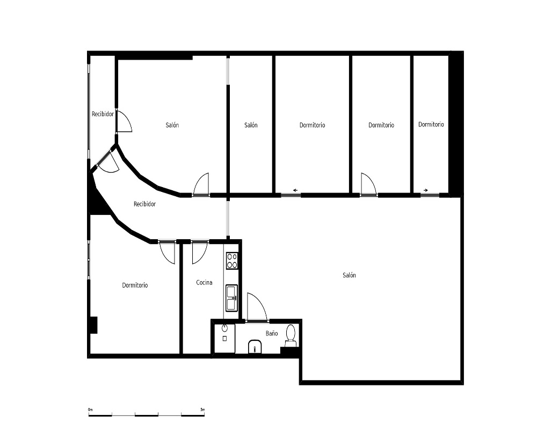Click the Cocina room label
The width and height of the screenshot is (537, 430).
(204, 283)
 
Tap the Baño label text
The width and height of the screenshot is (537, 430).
(272, 333)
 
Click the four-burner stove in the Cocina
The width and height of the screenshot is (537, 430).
(232, 260)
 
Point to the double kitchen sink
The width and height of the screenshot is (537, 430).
(231, 298)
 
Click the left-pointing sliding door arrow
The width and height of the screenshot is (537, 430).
(295, 190)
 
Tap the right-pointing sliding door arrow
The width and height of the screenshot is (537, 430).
(426, 190)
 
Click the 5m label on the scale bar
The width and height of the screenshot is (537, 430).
(202, 410)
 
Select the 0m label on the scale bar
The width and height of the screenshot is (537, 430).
(90, 410)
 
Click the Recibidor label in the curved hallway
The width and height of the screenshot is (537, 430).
(144, 204)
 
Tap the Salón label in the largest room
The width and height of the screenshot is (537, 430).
(349, 275)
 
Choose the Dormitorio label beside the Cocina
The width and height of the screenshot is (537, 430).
(135, 285)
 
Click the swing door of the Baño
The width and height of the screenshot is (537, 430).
(257, 307)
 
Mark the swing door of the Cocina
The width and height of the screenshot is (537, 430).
(200, 253)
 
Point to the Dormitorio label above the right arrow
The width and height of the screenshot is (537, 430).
(431, 125)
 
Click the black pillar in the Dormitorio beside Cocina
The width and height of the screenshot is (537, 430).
(93, 325)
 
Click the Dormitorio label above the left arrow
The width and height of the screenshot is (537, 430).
(312, 125)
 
